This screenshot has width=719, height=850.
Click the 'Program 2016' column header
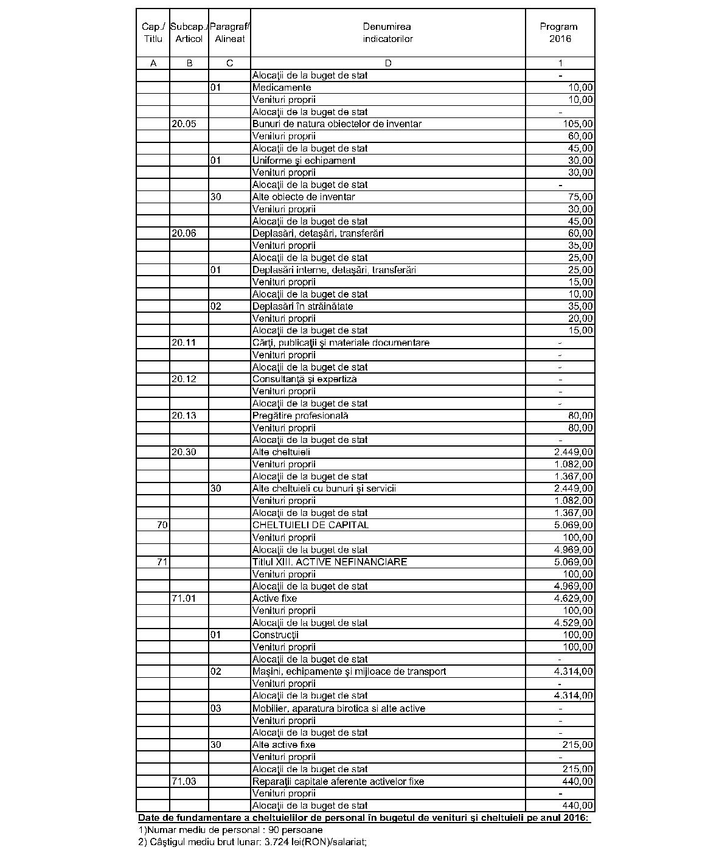pyautogui.click(x=559, y=33)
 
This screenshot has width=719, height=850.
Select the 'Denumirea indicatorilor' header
pyautogui.click(x=387, y=33)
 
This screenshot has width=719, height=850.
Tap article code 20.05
pyautogui.click(x=184, y=124)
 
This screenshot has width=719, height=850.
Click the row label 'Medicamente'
pyautogui.click(x=282, y=88)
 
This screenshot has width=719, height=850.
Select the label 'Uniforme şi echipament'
pyautogui.click(x=304, y=161)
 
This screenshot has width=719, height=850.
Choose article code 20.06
pyautogui.click(x=184, y=234)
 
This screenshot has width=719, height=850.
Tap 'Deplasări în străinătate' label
pyautogui.click(x=302, y=307)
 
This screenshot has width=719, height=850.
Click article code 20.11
pyautogui.click(x=184, y=343)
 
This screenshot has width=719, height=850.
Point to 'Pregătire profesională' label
pyautogui.click(x=300, y=416)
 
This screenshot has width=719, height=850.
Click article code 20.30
pyautogui.click(x=184, y=452)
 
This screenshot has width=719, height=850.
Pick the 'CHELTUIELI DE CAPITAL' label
pyautogui.click(x=310, y=525)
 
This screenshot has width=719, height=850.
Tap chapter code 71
pyautogui.click(x=162, y=562)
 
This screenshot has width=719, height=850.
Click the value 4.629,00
pyautogui.click(x=574, y=599)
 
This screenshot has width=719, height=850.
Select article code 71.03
pyautogui.click(x=184, y=781)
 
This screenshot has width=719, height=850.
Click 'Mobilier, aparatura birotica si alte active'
pyautogui.click(x=338, y=708)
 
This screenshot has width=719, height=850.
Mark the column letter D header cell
pyautogui.click(x=388, y=63)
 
